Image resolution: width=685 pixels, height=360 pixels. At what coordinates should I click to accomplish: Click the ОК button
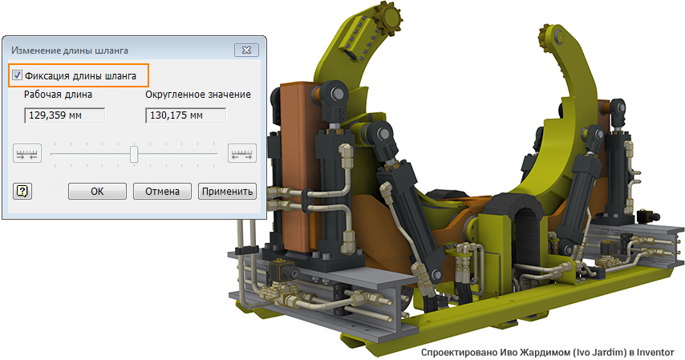point(97,191)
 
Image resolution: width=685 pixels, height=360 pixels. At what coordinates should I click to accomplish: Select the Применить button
point(227,191)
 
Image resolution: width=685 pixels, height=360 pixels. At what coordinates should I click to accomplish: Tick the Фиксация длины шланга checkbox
point(17,75)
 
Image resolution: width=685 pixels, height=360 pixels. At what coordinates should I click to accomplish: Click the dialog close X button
point(246,50)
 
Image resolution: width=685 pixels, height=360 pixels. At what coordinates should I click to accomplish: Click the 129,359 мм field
point(65,115)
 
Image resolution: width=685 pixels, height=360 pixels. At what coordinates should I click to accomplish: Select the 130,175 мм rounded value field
point(185,115)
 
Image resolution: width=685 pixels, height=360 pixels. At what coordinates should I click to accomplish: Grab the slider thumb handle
point(134,154)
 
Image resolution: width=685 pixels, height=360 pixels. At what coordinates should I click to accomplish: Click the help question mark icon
point(22,191)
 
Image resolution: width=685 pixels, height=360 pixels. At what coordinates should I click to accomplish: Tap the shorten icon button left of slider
point(27,153)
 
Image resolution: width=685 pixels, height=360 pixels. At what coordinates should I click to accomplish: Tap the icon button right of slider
point(242,153)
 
